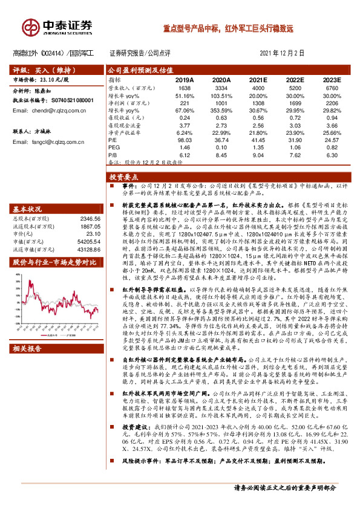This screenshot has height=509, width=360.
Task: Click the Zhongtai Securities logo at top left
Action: (58, 27)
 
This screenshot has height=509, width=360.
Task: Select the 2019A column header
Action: (184, 79)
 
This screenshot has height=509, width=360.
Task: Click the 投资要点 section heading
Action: (124, 178)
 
